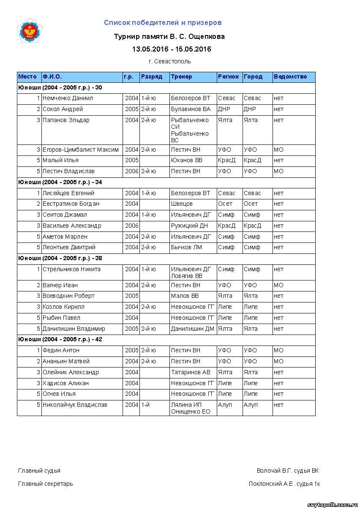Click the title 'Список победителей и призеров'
(163, 23)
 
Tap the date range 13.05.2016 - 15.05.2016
(172, 49)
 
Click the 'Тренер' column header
(181, 77)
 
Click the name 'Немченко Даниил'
(68, 98)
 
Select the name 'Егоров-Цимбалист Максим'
(80, 150)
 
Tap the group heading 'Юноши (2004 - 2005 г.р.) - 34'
(60, 182)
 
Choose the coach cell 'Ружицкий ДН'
(189, 226)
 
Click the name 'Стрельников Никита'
(71, 269)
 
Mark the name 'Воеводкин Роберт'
(68, 296)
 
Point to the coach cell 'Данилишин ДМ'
(192, 329)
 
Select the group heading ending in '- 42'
(60, 340)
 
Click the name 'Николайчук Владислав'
(75, 405)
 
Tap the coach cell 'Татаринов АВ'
(191, 373)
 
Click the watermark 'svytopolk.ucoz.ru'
(333, 505)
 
